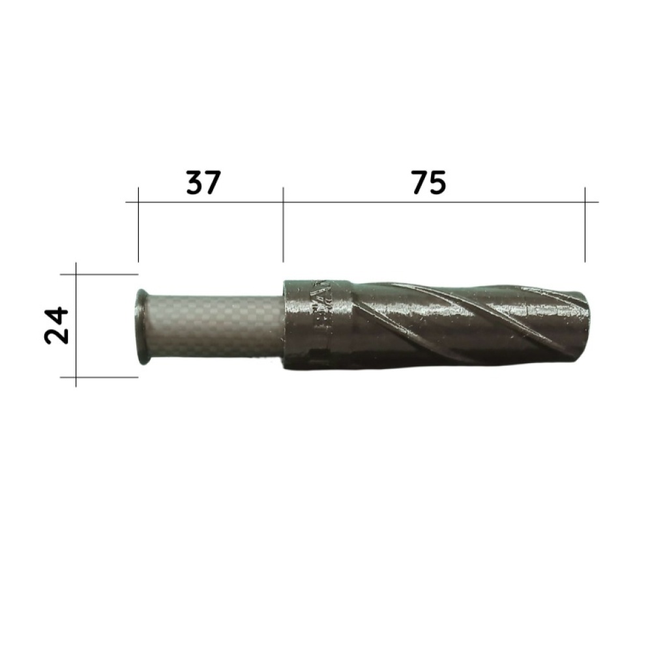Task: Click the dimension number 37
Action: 203,183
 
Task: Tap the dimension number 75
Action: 428,183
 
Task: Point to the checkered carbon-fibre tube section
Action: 215,325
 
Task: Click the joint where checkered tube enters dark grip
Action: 285,325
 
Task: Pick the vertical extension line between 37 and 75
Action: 283,225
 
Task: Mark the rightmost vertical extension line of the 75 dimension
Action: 585,225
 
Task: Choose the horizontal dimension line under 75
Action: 434,202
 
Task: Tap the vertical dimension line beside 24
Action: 76,325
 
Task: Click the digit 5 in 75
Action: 438,183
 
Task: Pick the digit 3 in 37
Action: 194,183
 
